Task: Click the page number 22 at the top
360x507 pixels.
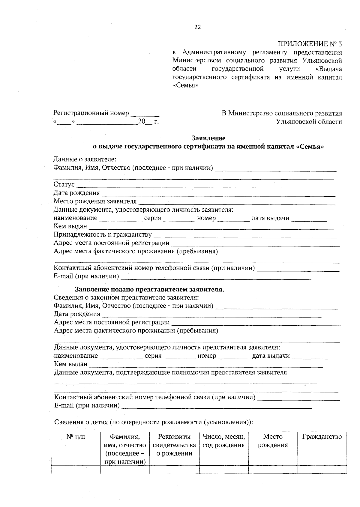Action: click(198, 27)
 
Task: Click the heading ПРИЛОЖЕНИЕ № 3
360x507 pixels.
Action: click(310, 44)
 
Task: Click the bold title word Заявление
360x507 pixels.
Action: click(208, 138)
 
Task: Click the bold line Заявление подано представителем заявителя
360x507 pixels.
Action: click(149, 290)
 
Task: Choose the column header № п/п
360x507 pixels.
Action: click(76, 437)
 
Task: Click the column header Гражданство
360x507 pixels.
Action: click(322, 437)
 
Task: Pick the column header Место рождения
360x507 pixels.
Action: click(273, 441)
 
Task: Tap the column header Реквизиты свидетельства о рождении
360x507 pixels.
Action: click(174, 445)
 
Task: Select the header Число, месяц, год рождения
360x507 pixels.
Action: click(224, 441)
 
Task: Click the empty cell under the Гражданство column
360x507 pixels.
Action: click(322, 470)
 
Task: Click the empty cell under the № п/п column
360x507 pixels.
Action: click(76, 470)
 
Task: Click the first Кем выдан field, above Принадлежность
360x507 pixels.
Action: click(211, 227)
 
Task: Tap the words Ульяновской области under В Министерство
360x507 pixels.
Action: click(309, 122)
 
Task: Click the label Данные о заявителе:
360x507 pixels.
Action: click(85, 159)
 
